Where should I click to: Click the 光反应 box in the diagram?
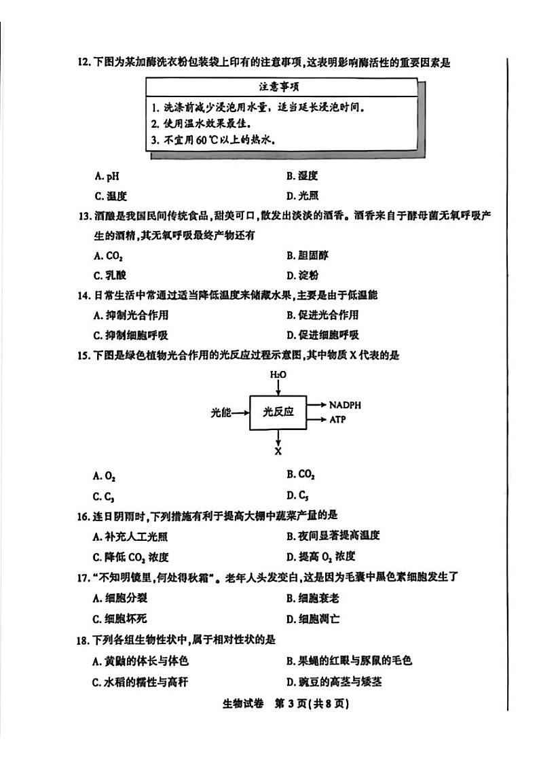[x=278, y=412]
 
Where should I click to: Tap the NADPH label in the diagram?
[x=345, y=405]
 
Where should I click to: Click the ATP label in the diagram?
[x=337, y=420]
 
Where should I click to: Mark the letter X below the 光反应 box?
[x=278, y=450]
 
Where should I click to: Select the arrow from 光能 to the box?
[x=242, y=412]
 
